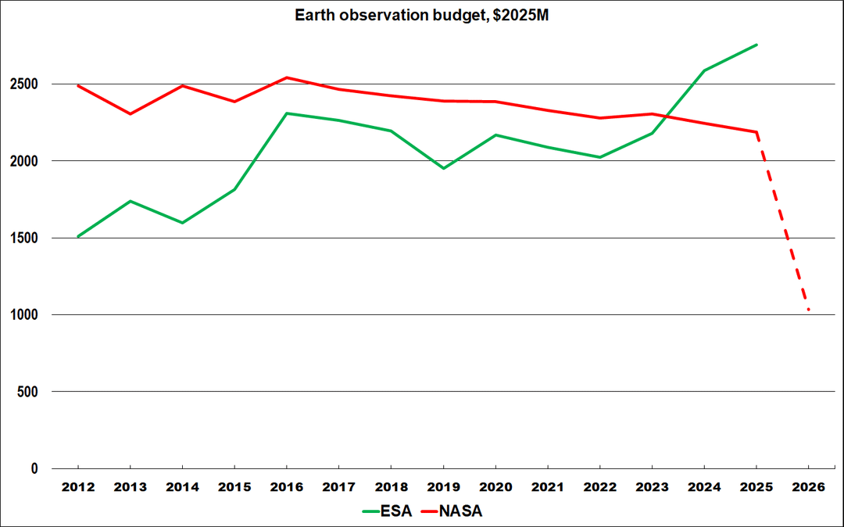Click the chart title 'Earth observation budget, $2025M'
[421, 15]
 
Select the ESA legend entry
[387, 511]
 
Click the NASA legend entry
[451, 511]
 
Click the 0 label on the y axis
[34, 469]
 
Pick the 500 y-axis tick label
[27, 392]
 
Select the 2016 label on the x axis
[286, 487]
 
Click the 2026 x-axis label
[809, 487]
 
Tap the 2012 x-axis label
[78, 487]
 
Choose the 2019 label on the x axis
[444, 487]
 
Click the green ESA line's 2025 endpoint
[756, 45]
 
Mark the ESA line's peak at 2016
[287, 113]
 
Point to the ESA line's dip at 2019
[444, 168]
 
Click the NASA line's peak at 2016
[287, 77]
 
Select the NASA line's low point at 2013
[131, 113]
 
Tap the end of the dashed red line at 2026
[809, 310]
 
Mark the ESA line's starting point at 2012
[78, 236]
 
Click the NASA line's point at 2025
[756, 132]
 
